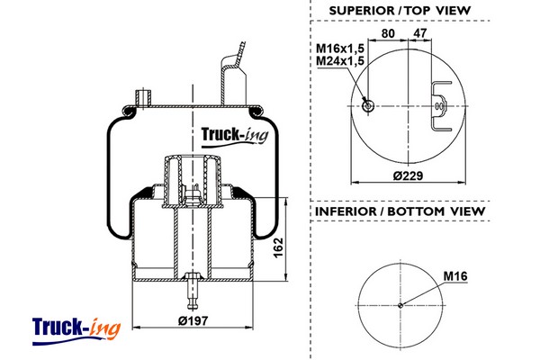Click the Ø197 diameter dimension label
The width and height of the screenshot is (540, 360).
(193, 320)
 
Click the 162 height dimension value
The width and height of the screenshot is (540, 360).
(278, 247)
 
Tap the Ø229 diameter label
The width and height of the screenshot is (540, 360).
(408, 175)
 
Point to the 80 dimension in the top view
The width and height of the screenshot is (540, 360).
(388, 33)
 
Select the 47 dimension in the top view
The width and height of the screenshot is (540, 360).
(419, 33)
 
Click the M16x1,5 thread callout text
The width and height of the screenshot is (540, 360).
(340, 48)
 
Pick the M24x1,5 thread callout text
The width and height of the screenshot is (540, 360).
(340, 60)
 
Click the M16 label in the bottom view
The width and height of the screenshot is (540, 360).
(455, 276)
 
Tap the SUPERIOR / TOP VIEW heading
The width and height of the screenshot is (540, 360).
(400, 11)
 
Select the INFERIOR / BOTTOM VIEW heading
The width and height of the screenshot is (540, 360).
(400, 211)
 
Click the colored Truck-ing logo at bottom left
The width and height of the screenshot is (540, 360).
(76, 330)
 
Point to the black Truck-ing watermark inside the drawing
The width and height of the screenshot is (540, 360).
(235, 137)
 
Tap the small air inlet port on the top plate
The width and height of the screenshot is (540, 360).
(144, 98)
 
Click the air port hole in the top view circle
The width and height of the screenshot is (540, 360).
(368, 106)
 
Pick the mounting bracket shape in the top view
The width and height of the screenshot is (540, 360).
(440, 106)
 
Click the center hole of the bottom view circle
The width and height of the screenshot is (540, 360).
(400, 305)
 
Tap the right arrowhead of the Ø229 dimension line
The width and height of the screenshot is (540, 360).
(462, 182)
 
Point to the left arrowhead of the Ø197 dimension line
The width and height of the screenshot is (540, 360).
(137, 328)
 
